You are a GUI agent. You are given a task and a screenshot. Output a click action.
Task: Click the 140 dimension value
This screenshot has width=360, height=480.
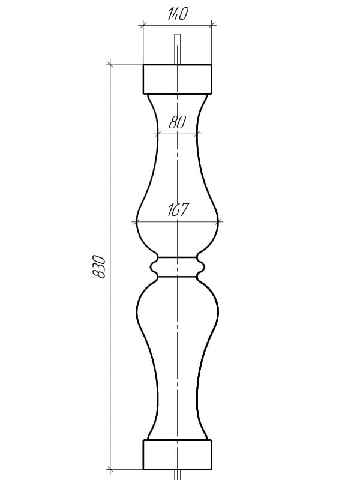coord(177,14)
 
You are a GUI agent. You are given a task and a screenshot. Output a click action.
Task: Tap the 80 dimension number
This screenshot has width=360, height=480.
coord(177,122)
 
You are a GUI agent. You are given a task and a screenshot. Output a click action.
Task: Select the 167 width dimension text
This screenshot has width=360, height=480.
coord(178,210)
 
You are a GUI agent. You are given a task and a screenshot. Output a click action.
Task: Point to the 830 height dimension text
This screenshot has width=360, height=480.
coord(99,267)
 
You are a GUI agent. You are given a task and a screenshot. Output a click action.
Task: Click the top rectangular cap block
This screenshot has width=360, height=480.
coord(178,79)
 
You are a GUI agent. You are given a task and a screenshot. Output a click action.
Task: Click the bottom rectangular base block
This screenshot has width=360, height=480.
coord(178,455)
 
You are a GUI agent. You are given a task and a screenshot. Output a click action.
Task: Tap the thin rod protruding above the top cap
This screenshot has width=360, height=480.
coord(177,49)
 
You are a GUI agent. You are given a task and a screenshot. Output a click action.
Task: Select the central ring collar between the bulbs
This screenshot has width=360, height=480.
coord(178,267)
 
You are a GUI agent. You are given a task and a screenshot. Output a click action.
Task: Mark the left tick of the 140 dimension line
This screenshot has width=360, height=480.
coord(143,25)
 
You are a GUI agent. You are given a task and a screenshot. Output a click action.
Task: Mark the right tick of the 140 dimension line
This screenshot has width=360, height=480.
coord(212,25)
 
